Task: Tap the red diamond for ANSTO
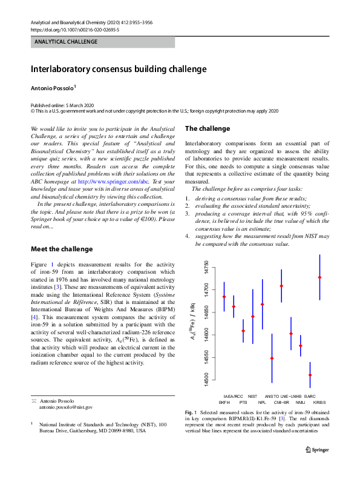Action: click(x=272, y=358)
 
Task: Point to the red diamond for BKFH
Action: click(x=224, y=297)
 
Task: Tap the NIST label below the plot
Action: click(x=253, y=395)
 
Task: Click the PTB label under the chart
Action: click(x=243, y=401)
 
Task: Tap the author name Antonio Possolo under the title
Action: click(x=53, y=88)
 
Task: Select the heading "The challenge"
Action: click(x=207, y=128)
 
